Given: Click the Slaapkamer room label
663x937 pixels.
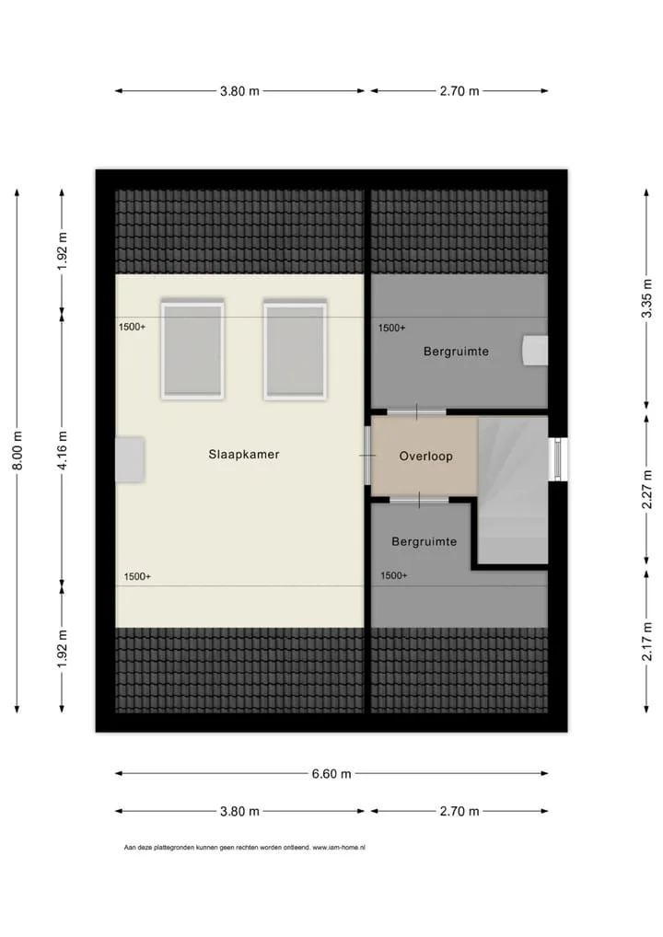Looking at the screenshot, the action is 244,454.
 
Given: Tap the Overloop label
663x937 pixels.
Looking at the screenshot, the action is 426,457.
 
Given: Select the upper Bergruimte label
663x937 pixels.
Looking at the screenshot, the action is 456,352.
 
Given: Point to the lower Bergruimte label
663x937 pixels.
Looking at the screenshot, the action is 424,541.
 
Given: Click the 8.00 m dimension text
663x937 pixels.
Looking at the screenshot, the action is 17,450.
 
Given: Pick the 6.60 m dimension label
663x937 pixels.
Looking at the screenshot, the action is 331,774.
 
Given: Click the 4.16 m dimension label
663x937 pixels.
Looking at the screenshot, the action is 63,450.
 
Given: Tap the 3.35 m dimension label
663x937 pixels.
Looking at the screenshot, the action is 646,298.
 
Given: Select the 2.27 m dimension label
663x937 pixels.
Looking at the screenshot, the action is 646,490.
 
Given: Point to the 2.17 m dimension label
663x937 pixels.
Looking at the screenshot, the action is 646,642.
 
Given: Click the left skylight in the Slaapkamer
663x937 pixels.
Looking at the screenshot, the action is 192,350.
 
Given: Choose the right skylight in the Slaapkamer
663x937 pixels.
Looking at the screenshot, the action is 296,350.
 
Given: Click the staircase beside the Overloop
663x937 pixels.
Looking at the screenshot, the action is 513,490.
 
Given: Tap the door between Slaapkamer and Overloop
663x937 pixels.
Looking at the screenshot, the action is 367,456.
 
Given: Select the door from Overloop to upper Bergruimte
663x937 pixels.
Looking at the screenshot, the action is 417,411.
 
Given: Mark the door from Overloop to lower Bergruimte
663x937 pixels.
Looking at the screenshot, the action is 418,500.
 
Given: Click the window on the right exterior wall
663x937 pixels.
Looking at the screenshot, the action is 557,459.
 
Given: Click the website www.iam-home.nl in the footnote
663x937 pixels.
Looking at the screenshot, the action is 339,848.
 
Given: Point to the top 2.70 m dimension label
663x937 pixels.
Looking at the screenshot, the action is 459,91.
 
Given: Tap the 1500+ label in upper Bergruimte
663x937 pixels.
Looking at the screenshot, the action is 391,328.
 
